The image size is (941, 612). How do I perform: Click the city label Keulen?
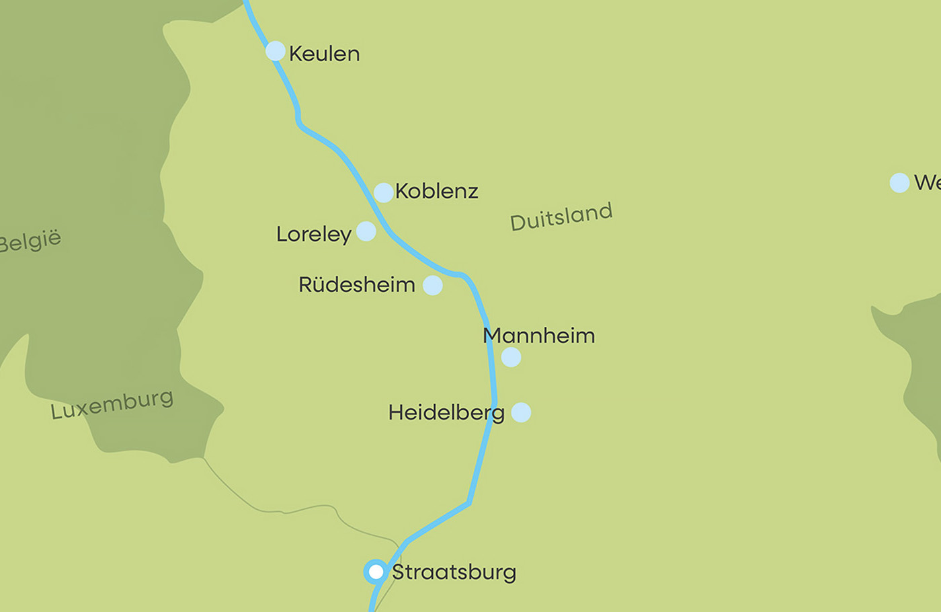(324, 54)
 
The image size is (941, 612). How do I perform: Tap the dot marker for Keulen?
(276, 51)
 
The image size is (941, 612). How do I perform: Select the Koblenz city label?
(436, 192)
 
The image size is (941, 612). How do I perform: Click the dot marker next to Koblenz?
(383, 192)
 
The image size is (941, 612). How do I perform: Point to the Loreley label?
(313, 235)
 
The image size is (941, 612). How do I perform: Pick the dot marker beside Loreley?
(366, 231)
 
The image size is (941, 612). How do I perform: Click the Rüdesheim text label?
(356, 285)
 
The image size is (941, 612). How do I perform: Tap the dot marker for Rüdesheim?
(433, 285)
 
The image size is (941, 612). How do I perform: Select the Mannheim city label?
(539, 336)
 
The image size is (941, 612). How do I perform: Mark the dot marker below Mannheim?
(512, 357)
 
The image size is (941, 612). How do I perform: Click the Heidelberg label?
(446, 413)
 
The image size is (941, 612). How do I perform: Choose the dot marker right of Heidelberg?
(521, 412)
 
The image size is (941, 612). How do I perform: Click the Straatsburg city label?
(454, 572)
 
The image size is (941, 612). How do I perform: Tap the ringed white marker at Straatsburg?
(376, 572)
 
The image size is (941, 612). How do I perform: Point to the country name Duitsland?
(561, 217)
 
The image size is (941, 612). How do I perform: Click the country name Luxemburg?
(112, 404)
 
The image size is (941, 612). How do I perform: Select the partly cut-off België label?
(30, 241)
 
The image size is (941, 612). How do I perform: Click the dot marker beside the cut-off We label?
(899, 183)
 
